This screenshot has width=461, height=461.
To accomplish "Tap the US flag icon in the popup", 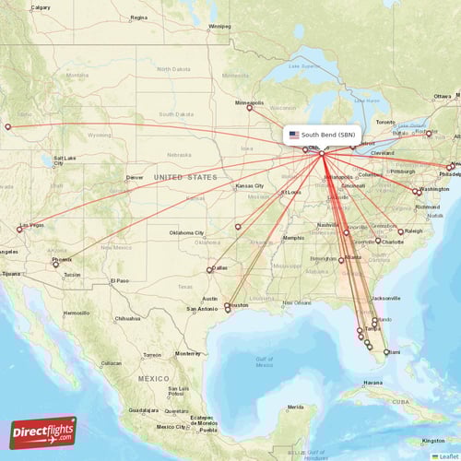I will click(294, 135).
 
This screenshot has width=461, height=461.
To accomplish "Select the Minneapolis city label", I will click(249, 102).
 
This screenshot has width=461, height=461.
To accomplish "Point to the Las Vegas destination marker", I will click(19, 230).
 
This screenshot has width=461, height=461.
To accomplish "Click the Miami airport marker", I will click(386, 352).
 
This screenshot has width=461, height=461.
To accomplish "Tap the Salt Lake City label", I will click(65, 159).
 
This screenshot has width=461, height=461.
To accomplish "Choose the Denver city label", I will click(135, 177).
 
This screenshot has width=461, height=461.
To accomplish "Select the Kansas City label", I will click(250, 186).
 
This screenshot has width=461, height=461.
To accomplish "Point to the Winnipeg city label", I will click(219, 27).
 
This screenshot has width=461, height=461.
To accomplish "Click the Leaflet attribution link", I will click(446, 455).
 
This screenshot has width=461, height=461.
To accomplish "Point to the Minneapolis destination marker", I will click(249, 108).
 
